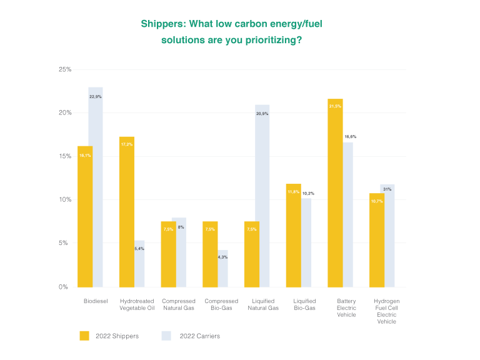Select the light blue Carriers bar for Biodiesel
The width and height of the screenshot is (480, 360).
coord(96,187)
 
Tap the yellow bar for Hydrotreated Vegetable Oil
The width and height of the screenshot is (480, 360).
coord(127,212)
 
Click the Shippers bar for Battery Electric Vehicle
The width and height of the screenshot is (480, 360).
coord(335,193)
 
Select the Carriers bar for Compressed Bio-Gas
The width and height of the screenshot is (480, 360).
coord(222,269)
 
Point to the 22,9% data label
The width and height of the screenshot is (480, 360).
coord(96,97)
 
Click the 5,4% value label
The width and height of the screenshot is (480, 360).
coord(140,249)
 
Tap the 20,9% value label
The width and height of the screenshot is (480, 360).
coord(262,114)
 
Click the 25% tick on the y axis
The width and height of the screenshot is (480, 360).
coord(65,69)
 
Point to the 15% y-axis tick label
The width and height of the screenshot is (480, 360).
coord(65,156)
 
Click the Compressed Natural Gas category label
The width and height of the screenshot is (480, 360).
coord(179,304)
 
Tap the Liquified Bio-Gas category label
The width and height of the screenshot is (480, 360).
coord(304,304)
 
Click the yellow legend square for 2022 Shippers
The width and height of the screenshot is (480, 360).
coord(84,336)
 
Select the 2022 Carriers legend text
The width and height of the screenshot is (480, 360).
coord(200,336)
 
